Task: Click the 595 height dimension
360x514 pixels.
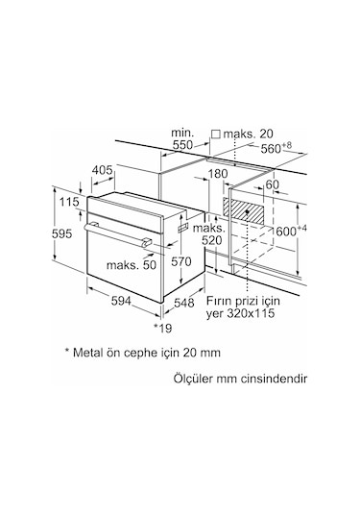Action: pyautogui.click(x=61, y=234)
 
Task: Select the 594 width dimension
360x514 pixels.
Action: pyautogui.click(x=121, y=301)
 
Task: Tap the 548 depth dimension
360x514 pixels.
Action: pyautogui.click(x=183, y=303)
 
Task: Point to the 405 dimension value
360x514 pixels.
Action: pyautogui.click(x=102, y=170)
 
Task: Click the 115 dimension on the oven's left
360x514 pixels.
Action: pyautogui.click(x=69, y=202)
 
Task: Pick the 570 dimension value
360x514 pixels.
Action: pyautogui.click(x=181, y=261)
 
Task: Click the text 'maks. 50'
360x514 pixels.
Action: pyautogui.click(x=132, y=265)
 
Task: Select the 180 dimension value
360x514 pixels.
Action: pyautogui.click(x=218, y=173)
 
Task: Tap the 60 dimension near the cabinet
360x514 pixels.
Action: pyautogui.click(x=273, y=184)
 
